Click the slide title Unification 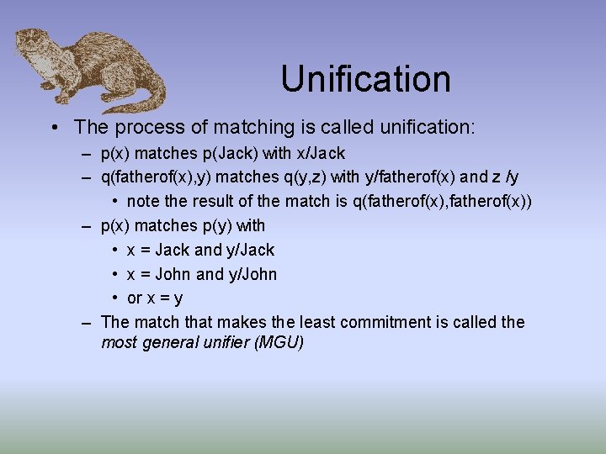click(x=365, y=79)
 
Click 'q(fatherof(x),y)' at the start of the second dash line click(x=155, y=177)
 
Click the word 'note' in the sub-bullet click(x=142, y=202)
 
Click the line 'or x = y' click(x=154, y=298)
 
